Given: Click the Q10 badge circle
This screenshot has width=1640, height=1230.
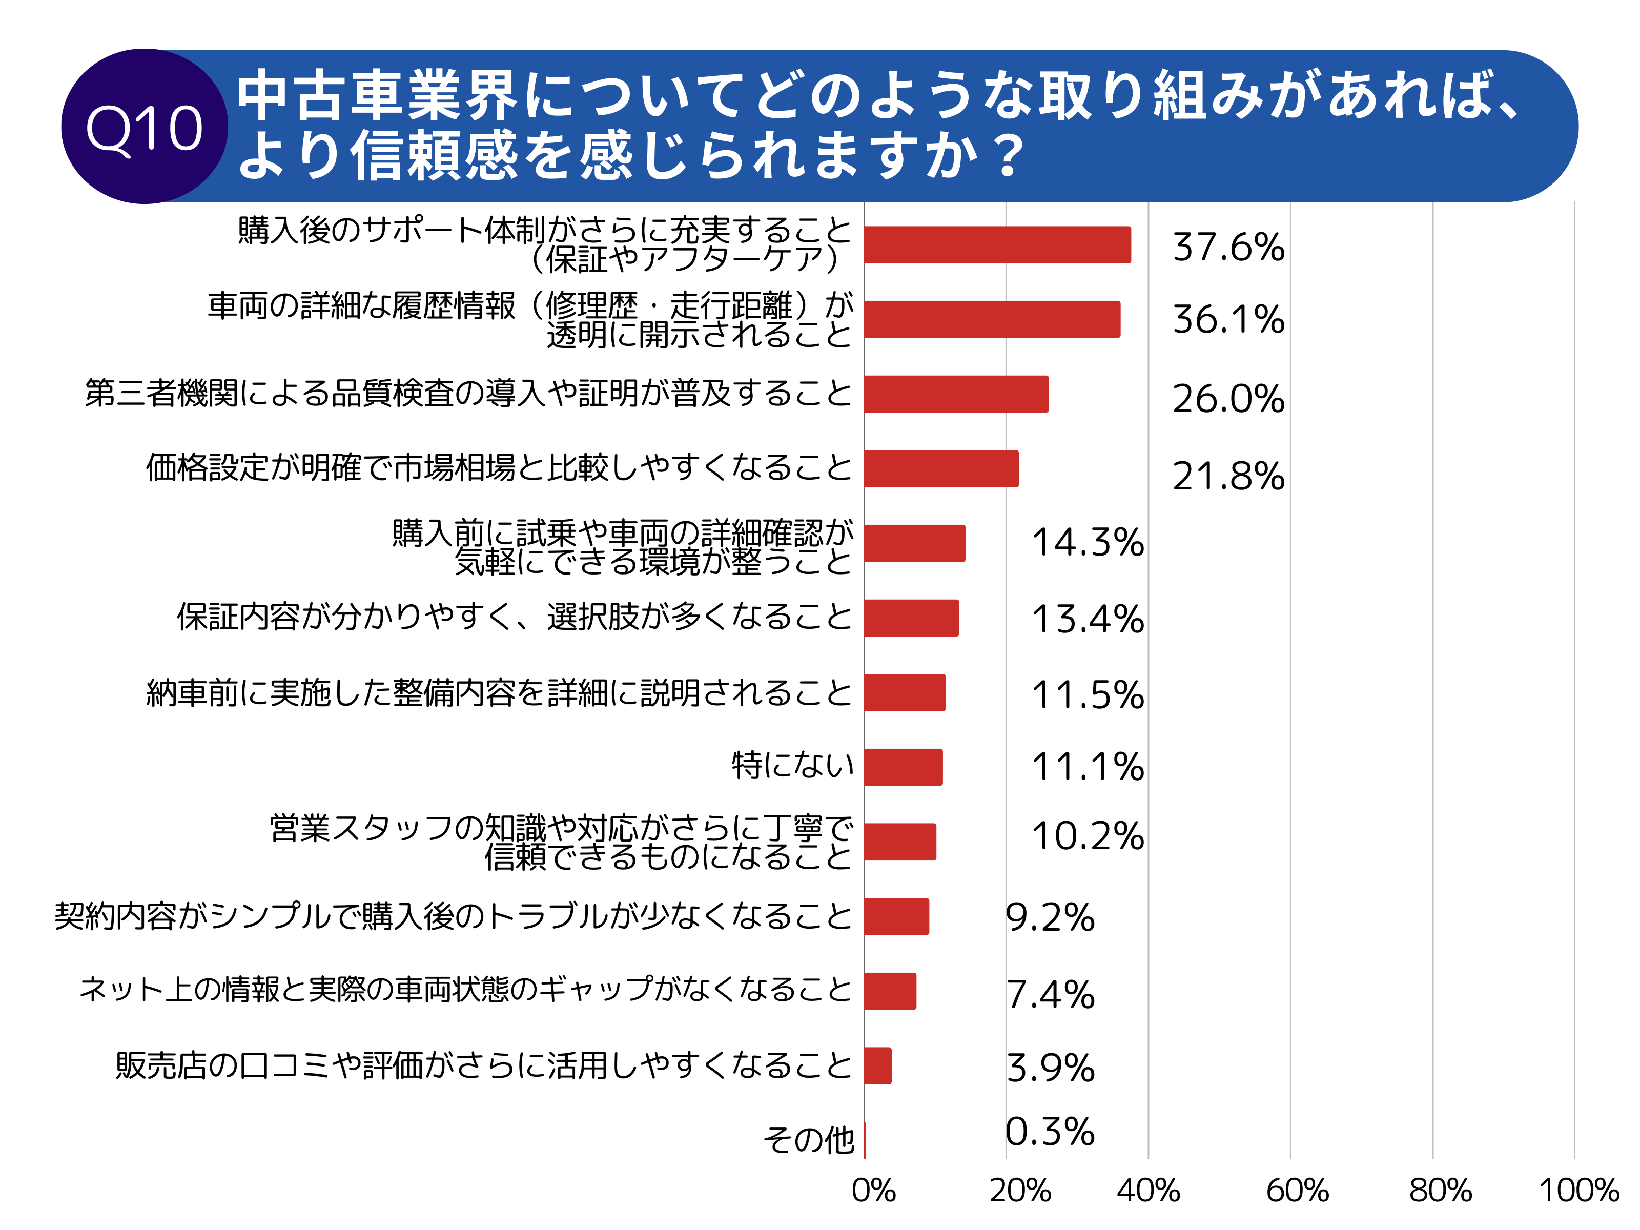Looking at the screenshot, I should coord(145,127).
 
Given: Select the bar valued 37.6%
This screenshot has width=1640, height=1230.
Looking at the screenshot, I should coord(997,244).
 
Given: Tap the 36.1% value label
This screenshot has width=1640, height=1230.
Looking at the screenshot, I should coord(1228,320).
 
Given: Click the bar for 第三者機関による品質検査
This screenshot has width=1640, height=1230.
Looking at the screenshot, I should coord(956,394).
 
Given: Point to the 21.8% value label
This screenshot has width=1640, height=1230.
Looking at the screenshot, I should coord(1228,476).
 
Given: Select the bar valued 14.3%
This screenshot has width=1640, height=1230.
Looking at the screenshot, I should coord(914,543).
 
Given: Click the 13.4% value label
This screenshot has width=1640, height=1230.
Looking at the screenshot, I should coord(1087,619).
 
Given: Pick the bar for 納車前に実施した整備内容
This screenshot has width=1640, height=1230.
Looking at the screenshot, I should coord(905,692).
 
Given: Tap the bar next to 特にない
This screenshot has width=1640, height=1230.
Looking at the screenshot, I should coord(903,767).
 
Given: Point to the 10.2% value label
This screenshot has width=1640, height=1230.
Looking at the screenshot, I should coord(1087,836).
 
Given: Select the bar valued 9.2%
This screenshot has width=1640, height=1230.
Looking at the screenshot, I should coord(896,916).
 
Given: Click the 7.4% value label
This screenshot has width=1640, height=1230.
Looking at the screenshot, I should coord(1050,994).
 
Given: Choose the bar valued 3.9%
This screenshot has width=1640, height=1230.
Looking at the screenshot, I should coord(878,1065).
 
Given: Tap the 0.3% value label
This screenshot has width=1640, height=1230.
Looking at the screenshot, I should coord(1050,1132).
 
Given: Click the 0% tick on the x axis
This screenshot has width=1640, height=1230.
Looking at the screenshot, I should coord(873,1191).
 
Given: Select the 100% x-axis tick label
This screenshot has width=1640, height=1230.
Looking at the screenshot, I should coord(1577,1191).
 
